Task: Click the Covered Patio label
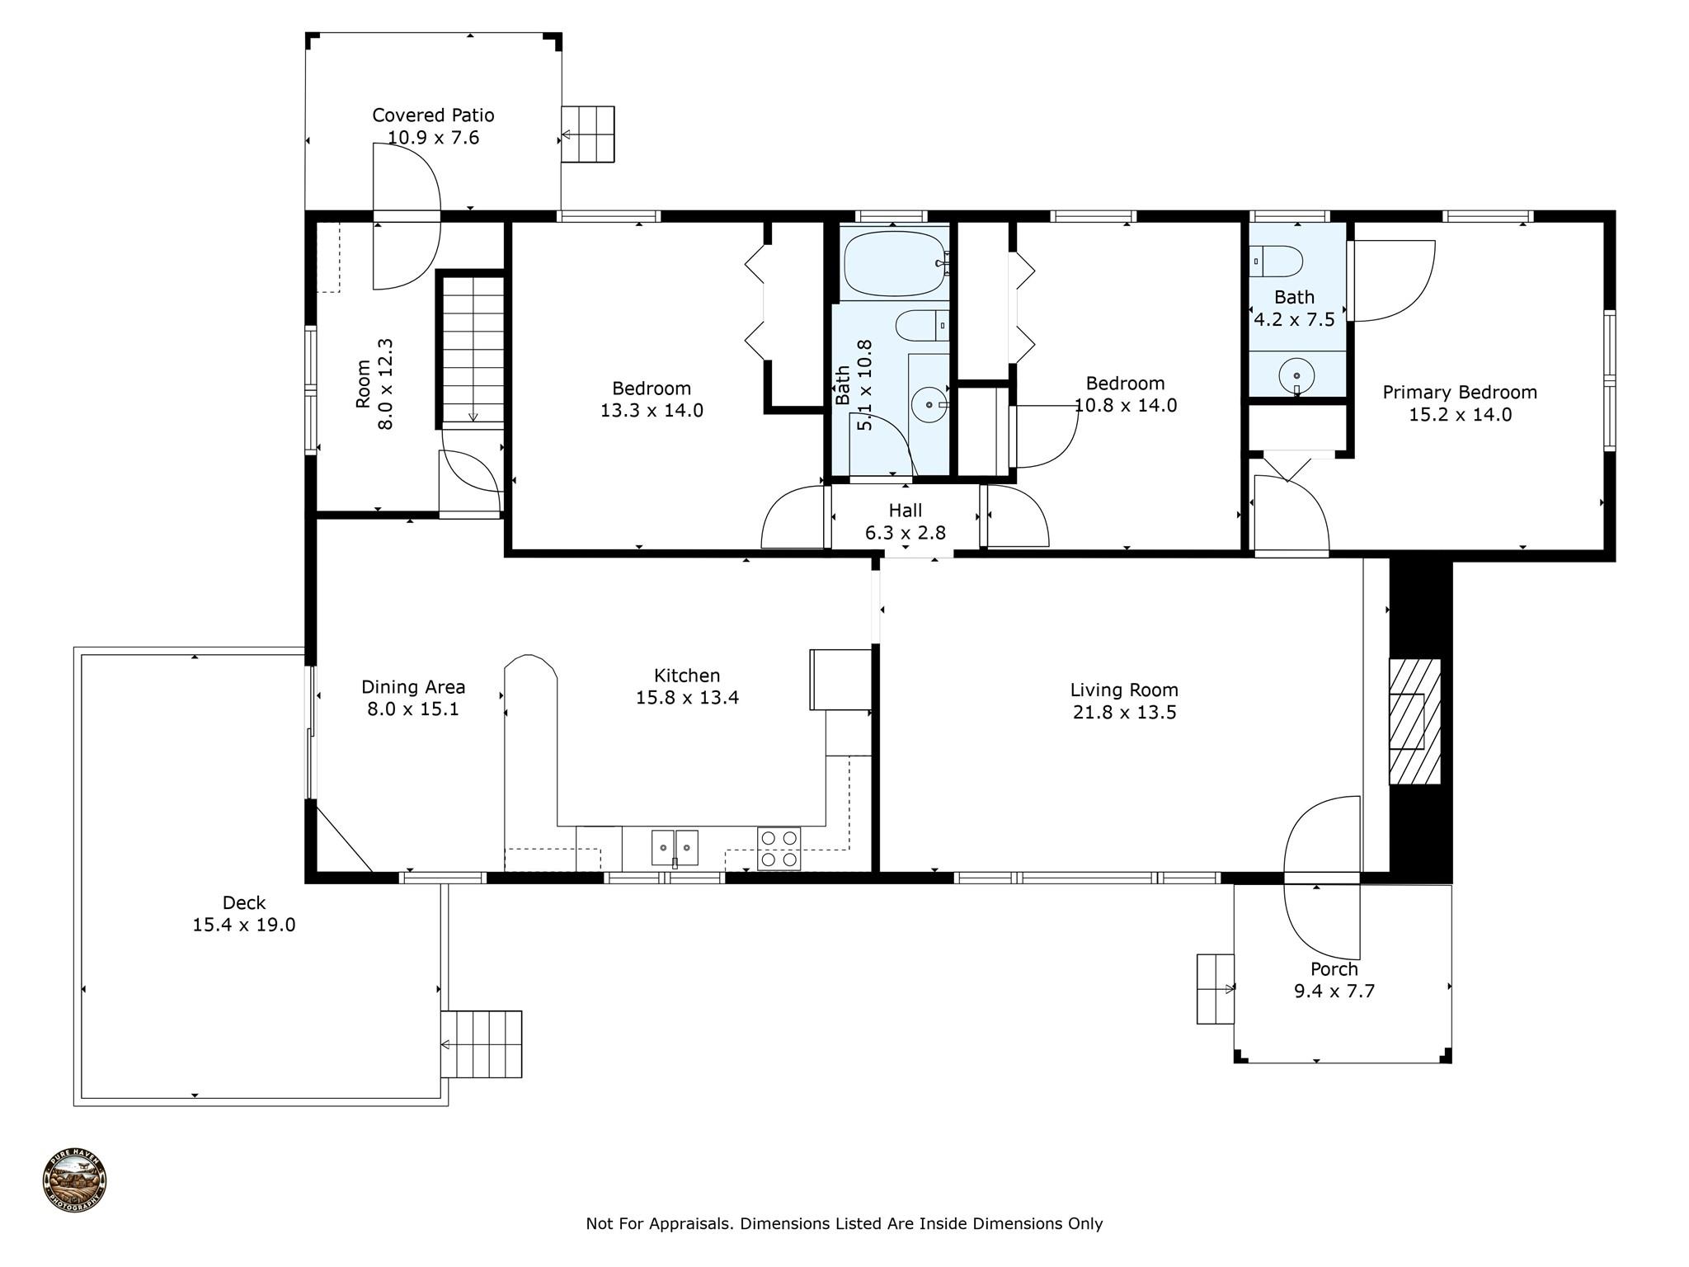433,115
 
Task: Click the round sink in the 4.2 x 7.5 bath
1296,376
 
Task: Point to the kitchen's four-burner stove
779,849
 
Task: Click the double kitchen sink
675,847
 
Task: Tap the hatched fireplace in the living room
1414,721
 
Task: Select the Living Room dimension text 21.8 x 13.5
1124,713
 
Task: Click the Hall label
905,511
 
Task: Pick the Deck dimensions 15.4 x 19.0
243,925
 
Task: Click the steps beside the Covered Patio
588,134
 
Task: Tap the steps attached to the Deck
482,1043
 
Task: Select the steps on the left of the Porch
1215,989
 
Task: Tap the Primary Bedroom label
1459,393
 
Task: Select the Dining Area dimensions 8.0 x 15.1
412,709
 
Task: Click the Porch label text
1334,969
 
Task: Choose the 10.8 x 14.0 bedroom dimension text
1125,406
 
